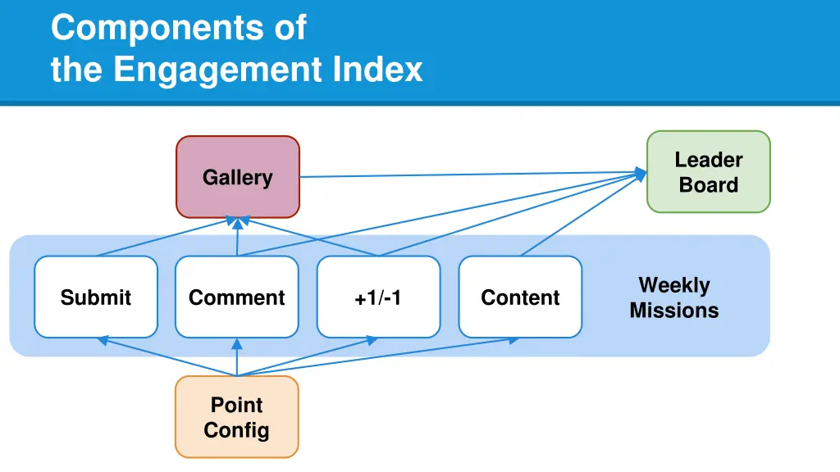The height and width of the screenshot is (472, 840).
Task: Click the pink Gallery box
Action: [x=238, y=177]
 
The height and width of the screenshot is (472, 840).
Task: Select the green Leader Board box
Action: [x=708, y=172]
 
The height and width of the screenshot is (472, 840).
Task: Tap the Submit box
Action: [x=96, y=297]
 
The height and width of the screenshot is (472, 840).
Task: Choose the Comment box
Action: [x=237, y=297]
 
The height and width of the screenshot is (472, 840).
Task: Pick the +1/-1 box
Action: [x=378, y=297]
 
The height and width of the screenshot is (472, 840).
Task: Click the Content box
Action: [x=520, y=297]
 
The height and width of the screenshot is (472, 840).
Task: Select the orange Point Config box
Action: [x=237, y=416]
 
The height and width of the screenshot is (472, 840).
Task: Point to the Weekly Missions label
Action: [x=674, y=297]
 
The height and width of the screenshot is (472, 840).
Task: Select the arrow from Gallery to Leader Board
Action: [x=468, y=175]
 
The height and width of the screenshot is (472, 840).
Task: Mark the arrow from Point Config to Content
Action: [x=377, y=357]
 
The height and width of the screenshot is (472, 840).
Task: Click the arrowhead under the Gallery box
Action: [x=237, y=221]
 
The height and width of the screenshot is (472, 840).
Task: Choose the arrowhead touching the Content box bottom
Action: [x=514, y=340]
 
